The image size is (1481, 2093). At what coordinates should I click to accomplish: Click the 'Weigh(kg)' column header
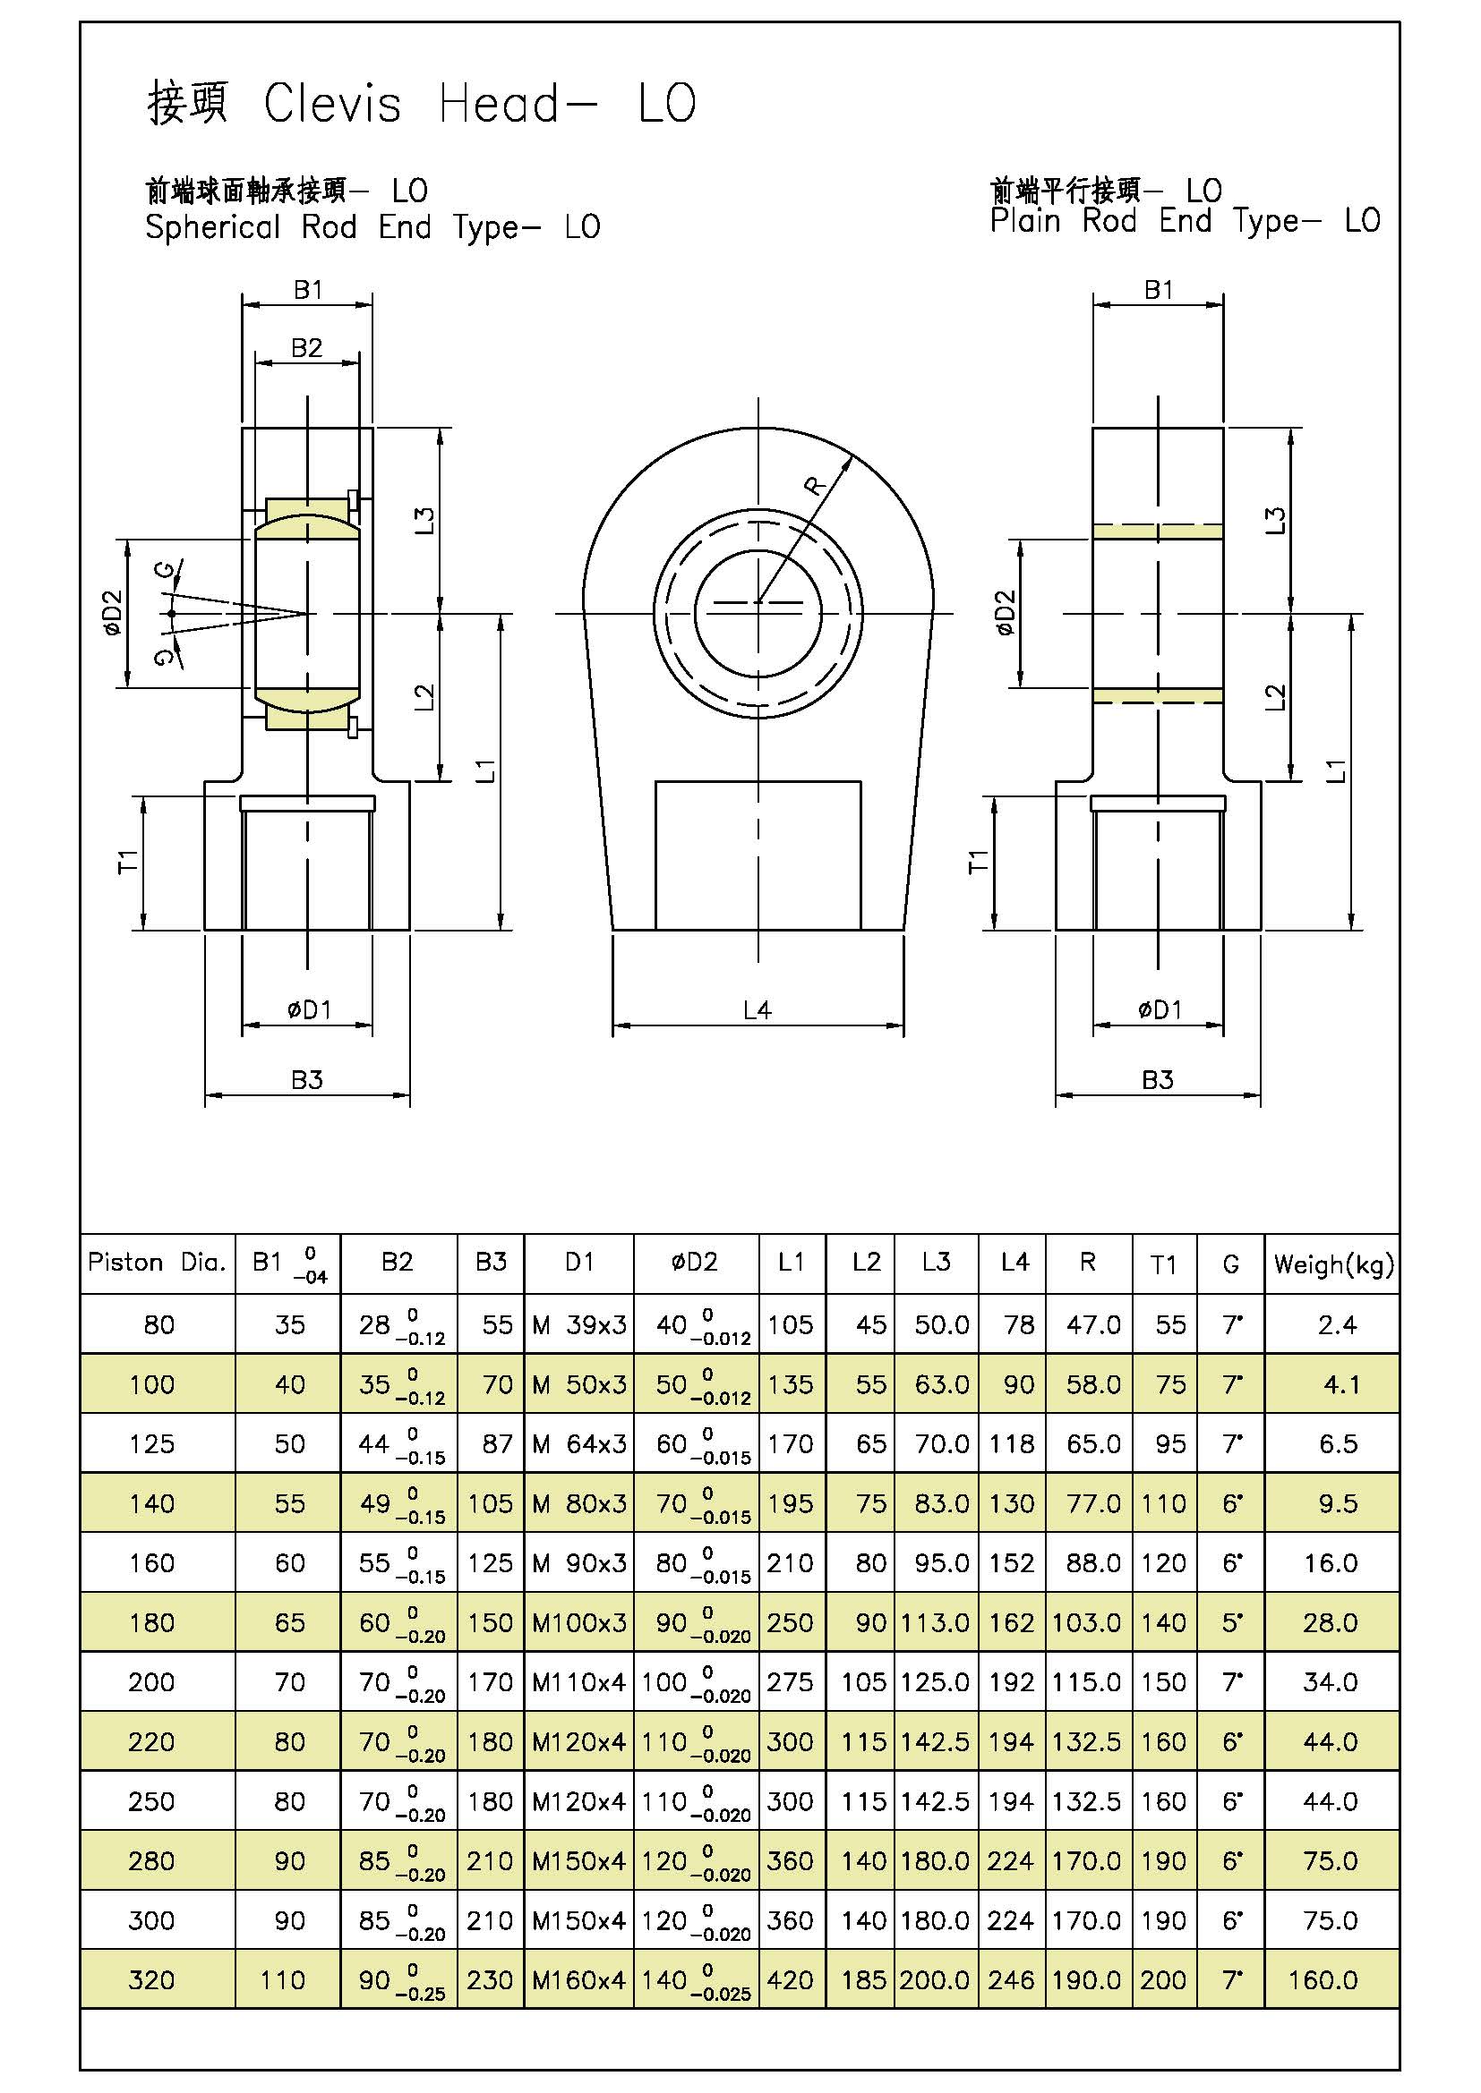coord(1333,1264)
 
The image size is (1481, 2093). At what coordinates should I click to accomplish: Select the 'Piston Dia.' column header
coord(157,1263)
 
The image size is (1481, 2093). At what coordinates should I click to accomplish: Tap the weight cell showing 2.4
coord(1337,1324)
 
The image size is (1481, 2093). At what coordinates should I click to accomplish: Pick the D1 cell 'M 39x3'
coord(579,1324)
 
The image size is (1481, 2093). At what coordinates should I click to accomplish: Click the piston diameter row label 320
coord(151,1980)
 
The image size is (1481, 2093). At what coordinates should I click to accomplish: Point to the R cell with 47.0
coord(1092,1324)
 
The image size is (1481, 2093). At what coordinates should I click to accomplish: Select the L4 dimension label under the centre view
coord(757,1010)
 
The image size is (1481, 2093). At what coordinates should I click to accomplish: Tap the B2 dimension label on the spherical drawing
coord(306,347)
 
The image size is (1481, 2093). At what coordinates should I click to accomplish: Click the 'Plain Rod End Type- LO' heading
coord(1185,221)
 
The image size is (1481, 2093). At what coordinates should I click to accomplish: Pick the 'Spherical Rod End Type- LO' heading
coord(372,227)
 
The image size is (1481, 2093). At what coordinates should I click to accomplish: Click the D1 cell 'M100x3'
coord(579,1622)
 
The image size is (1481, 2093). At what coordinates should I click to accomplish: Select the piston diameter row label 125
coord(151,1444)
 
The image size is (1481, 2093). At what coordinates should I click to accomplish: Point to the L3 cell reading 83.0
coord(941,1503)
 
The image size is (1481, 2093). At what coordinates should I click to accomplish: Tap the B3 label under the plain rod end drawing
coord(1157,1080)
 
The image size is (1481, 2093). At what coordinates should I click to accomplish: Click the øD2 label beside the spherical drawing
coord(112,614)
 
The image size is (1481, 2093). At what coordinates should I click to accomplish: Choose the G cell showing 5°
coord(1231,1622)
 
